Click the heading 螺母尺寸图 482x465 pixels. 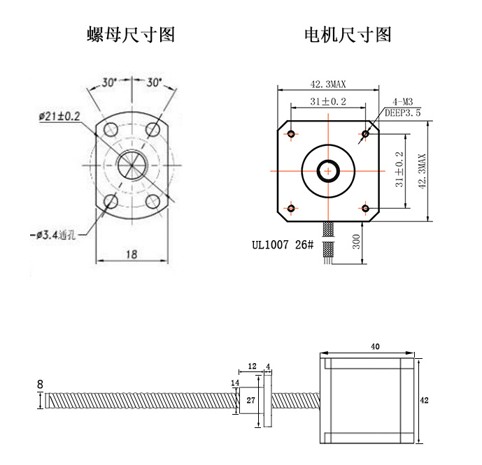(131, 34)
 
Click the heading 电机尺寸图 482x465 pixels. (348, 34)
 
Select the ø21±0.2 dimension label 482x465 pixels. (59, 116)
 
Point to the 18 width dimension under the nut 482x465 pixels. (131, 255)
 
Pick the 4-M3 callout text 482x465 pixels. (404, 101)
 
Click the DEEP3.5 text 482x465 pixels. (403, 112)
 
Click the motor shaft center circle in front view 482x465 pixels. (327, 170)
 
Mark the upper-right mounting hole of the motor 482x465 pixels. (365, 133)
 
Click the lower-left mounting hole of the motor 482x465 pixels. (291, 207)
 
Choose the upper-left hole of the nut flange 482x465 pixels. (110, 129)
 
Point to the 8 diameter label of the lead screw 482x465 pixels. (40, 383)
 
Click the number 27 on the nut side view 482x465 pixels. (250, 401)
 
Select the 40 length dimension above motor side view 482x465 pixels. (375, 346)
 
